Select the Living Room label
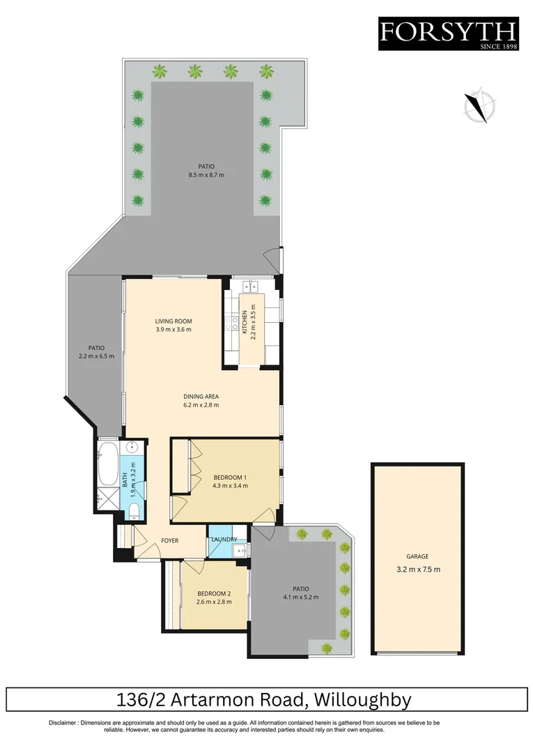pyautogui.click(x=173, y=321)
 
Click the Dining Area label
pyautogui.click(x=202, y=396)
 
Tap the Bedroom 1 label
pyautogui.click(x=231, y=478)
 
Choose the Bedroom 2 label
pyautogui.click(x=213, y=593)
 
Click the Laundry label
pyautogui.click(x=224, y=539)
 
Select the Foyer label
pyautogui.click(x=170, y=540)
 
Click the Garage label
pyautogui.click(x=417, y=556)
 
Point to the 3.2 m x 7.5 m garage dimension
pyautogui.click(x=417, y=569)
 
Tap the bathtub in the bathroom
pyautogui.click(x=108, y=464)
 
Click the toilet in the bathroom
pyautogui.click(x=133, y=514)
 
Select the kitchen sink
pyautogui.click(x=250, y=285)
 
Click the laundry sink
pyautogui.click(x=240, y=552)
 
